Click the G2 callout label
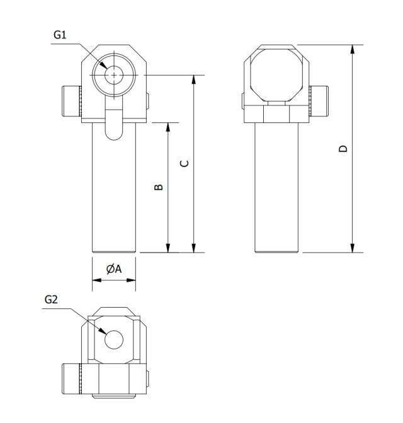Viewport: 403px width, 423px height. (51, 301)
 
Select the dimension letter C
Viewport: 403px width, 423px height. (184, 163)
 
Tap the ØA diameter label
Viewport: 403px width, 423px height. (113, 269)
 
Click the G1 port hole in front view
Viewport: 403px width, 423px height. (113, 74)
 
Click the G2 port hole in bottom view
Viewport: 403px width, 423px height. (114, 340)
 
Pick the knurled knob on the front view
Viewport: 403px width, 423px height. (71, 100)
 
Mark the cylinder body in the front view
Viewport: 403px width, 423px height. (114, 189)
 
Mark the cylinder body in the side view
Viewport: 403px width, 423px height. (275, 189)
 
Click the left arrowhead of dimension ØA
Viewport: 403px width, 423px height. (96, 278)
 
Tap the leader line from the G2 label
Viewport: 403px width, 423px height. (82, 318)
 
